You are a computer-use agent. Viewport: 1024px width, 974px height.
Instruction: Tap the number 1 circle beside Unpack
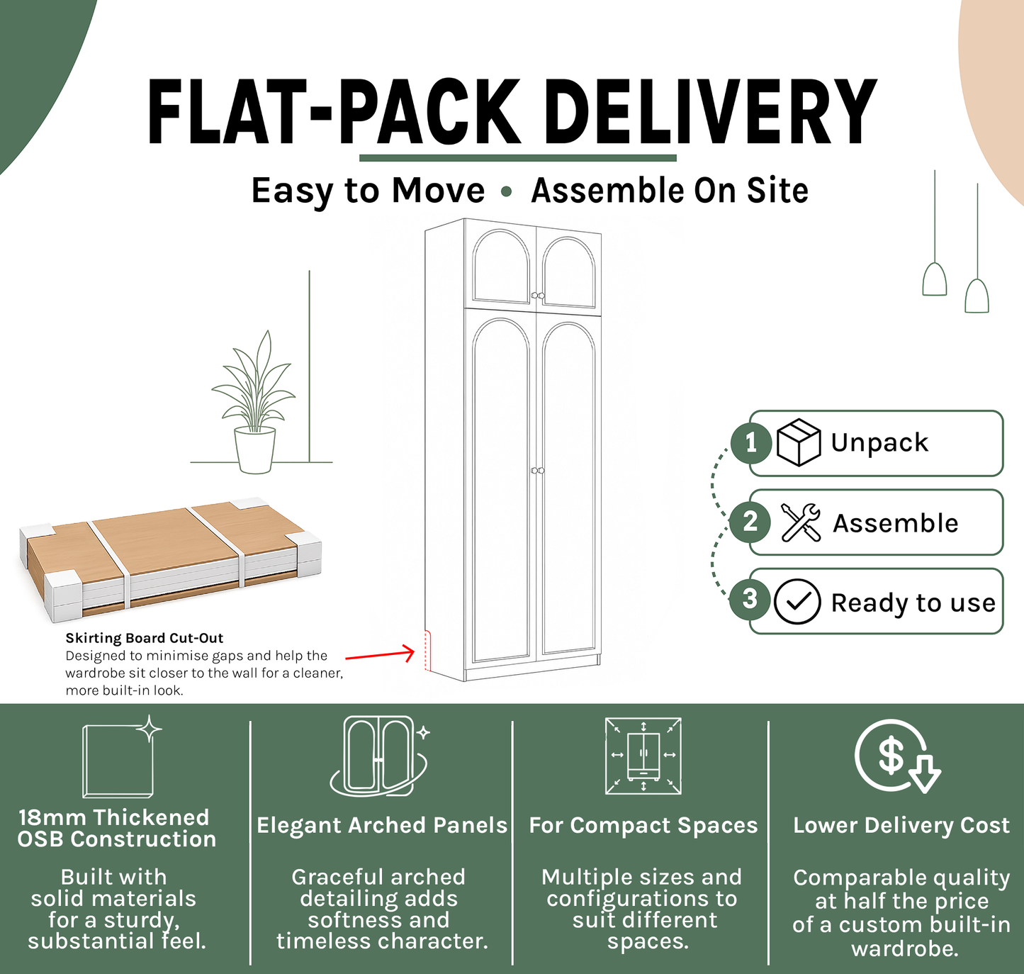[750, 444]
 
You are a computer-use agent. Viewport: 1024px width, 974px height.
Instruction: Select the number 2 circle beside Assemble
[750, 522]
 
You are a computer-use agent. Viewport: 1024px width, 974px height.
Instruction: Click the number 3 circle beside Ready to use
[750, 599]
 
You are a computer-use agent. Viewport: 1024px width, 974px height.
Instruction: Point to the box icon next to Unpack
[799, 442]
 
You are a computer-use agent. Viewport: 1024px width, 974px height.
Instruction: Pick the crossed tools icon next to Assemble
[801, 522]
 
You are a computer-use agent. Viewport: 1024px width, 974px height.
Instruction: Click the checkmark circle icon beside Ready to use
[797, 601]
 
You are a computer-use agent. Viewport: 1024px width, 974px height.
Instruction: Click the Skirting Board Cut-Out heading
[145, 638]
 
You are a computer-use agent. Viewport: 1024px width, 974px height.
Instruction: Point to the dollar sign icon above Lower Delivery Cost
[897, 756]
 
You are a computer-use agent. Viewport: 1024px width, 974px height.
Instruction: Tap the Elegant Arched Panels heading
[382, 825]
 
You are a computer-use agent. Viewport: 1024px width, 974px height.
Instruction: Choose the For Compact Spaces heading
[643, 825]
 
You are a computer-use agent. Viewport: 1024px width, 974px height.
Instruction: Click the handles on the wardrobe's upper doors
[538, 296]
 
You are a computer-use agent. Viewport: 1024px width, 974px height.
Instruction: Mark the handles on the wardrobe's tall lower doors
[538, 471]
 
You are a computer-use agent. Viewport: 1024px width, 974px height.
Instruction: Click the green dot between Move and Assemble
[506, 192]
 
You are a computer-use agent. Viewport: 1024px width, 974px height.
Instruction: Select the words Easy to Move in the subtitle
[368, 191]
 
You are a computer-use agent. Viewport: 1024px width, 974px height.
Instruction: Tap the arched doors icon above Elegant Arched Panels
[379, 756]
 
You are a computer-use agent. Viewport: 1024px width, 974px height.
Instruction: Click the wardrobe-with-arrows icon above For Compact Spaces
[643, 756]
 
